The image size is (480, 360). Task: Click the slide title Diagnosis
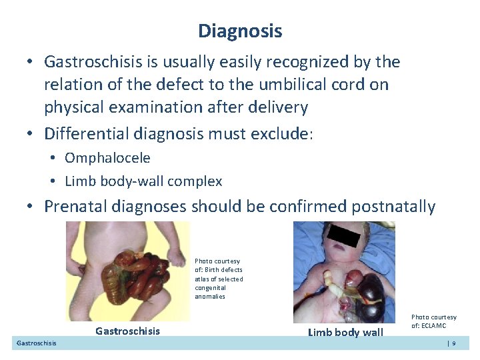240,31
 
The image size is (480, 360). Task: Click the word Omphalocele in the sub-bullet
107,158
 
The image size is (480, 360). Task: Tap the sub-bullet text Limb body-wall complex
143,181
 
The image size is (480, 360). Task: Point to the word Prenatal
73,207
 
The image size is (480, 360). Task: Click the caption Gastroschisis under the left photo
127,331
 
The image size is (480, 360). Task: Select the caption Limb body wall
345,333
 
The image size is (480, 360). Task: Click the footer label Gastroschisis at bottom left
36,343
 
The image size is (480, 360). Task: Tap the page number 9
453,343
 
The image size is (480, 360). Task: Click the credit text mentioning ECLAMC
433,321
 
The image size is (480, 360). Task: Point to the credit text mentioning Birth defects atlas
219,279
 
